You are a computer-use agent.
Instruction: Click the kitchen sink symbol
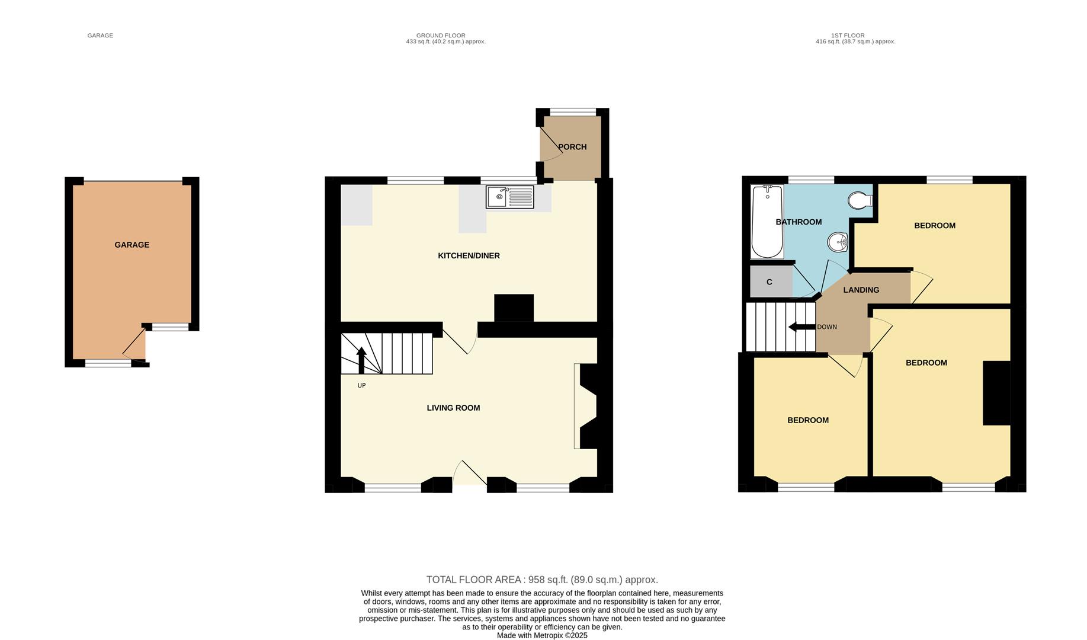(509, 197)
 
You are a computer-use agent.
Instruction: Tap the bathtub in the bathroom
(767, 222)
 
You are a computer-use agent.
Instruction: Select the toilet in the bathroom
(860, 201)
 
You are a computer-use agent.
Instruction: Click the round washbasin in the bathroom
(838, 242)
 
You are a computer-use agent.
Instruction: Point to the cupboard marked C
(769, 282)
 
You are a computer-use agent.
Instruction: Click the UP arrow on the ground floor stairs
(361, 360)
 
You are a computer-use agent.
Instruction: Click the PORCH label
(572, 147)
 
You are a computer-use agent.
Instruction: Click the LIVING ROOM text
(453, 408)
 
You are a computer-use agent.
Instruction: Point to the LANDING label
(861, 290)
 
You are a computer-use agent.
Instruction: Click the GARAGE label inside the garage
(132, 245)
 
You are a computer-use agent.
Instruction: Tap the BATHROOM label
(798, 222)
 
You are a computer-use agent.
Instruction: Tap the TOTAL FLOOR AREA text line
(541, 580)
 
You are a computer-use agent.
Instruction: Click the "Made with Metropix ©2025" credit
(541, 635)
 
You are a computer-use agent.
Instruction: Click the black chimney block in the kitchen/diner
(514, 308)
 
